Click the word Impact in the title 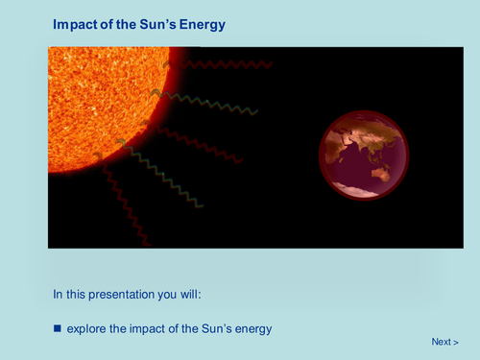tap(76, 25)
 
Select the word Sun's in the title tap(163, 25)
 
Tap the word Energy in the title tap(205, 25)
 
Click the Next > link tap(444, 342)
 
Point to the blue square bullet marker tap(57, 328)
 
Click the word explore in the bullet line tap(86, 328)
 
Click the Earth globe tap(364, 156)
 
